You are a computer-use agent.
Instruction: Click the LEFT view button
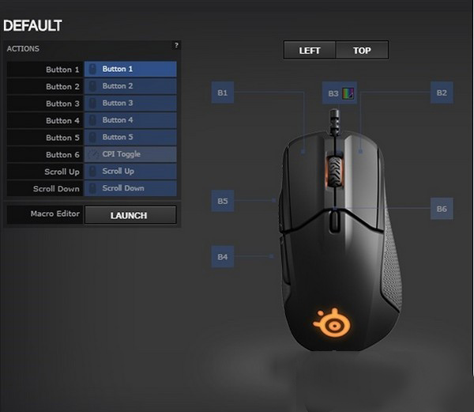pos(310,50)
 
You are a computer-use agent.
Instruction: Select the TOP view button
pos(362,50)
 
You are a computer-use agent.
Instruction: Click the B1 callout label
pos(223,93)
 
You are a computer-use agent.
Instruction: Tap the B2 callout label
pos(442,93)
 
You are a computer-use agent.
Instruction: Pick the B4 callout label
pos(223,257)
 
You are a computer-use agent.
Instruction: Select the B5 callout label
pos(223,201)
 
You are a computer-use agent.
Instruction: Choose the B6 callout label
pos(442,209)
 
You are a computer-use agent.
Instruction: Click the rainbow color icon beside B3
pos(348,93)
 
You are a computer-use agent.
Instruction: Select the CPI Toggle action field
pos(130,154)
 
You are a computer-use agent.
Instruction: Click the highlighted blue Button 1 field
pos(130,69)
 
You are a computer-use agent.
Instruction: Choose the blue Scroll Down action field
pos(130,188)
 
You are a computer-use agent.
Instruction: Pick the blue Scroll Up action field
pos(130,172)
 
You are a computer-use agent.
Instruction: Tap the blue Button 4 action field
pos(130,120)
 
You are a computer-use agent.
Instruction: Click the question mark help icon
pos(176,45)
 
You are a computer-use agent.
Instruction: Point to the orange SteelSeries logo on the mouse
pos(332,323)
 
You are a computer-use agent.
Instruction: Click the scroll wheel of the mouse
pos(335,172)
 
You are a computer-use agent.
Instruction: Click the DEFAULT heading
pos(32,26)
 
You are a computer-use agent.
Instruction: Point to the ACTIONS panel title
pos(23,49)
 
